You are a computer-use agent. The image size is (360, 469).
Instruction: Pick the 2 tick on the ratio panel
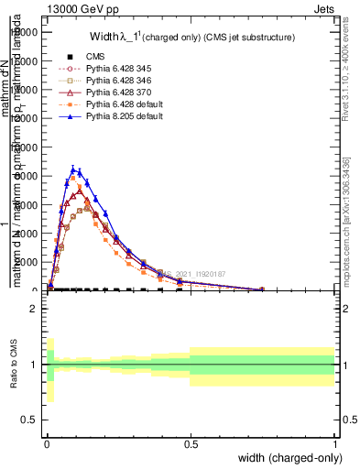(x=34, y=309)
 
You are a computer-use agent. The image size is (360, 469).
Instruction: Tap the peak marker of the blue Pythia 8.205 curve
(x=73, y=169)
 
